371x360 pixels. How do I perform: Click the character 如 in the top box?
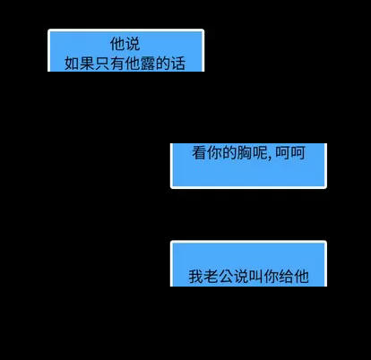[72, 64]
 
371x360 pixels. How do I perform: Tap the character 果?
[87, 64]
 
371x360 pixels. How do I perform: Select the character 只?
[102, 64]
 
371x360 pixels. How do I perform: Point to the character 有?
[117, 64]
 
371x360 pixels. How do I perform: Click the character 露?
[148, 64]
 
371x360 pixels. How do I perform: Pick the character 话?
[178, 64]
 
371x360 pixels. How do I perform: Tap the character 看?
[200, 152]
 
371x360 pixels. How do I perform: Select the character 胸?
[245, 152]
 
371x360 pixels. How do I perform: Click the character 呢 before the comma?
[260, 152]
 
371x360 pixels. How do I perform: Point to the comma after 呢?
[270, 158]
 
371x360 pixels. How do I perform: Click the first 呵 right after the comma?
[282, 152]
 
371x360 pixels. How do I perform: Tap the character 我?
[195, 277]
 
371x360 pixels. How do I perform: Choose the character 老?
[211, 277]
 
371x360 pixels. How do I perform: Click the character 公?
[226, 277]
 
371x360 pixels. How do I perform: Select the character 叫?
[256, 277]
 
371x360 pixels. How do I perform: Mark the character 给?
[287, 277]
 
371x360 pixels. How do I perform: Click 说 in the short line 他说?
[133, 44]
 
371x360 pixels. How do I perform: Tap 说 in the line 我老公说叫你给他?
[241, 277]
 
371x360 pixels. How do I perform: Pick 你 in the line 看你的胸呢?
[215, 152]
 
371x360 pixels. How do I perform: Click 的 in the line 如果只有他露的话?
[163, 64]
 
